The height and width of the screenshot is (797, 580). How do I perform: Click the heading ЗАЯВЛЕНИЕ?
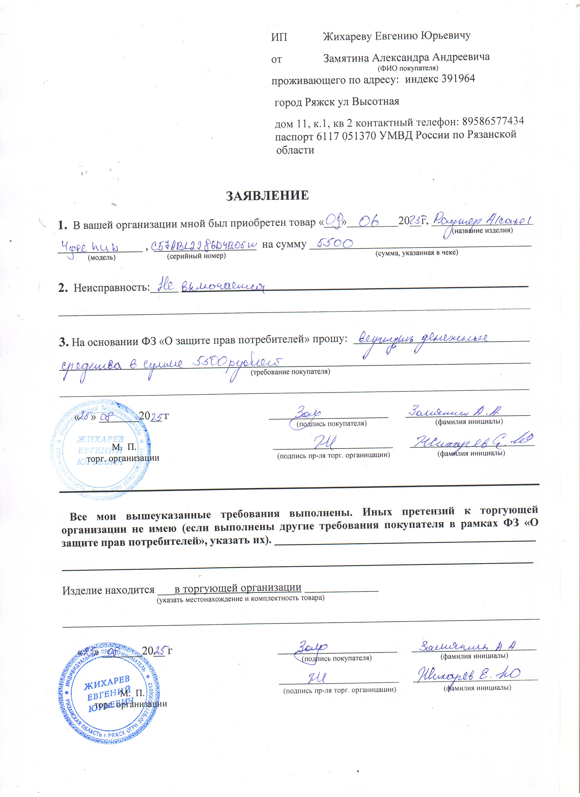point(267,195)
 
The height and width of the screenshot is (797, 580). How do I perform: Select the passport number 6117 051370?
point(346,136)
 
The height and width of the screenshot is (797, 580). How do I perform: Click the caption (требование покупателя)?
point(290,372)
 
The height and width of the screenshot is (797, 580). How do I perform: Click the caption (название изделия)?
point(482,231)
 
